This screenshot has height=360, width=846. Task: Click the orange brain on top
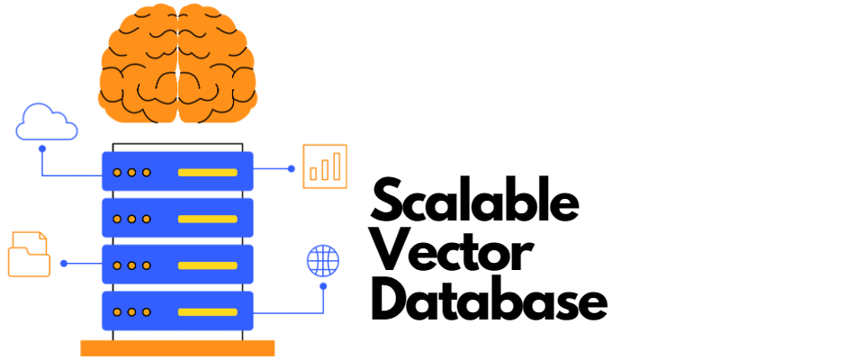177,65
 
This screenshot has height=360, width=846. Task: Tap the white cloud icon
47,124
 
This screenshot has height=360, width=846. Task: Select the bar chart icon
325,166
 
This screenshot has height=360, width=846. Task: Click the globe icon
323,261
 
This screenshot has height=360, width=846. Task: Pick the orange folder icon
29,255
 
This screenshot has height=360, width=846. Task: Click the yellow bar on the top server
208,172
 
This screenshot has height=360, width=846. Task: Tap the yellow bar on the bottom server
208,312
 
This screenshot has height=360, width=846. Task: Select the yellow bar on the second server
208,219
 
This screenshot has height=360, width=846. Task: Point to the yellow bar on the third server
208,265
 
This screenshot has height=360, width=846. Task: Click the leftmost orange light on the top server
117,172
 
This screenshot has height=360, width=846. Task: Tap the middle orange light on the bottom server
131,312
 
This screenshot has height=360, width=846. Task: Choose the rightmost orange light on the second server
146,219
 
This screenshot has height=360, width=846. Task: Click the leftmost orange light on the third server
117,265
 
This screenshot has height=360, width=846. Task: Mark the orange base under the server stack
178,347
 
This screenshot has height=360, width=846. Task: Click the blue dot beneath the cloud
41,148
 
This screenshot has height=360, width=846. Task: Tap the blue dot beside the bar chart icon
291,168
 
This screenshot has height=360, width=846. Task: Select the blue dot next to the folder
64,264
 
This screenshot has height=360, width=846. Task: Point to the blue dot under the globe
323,286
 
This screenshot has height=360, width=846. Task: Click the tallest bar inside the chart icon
337,166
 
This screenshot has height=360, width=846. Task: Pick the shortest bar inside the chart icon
313,174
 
